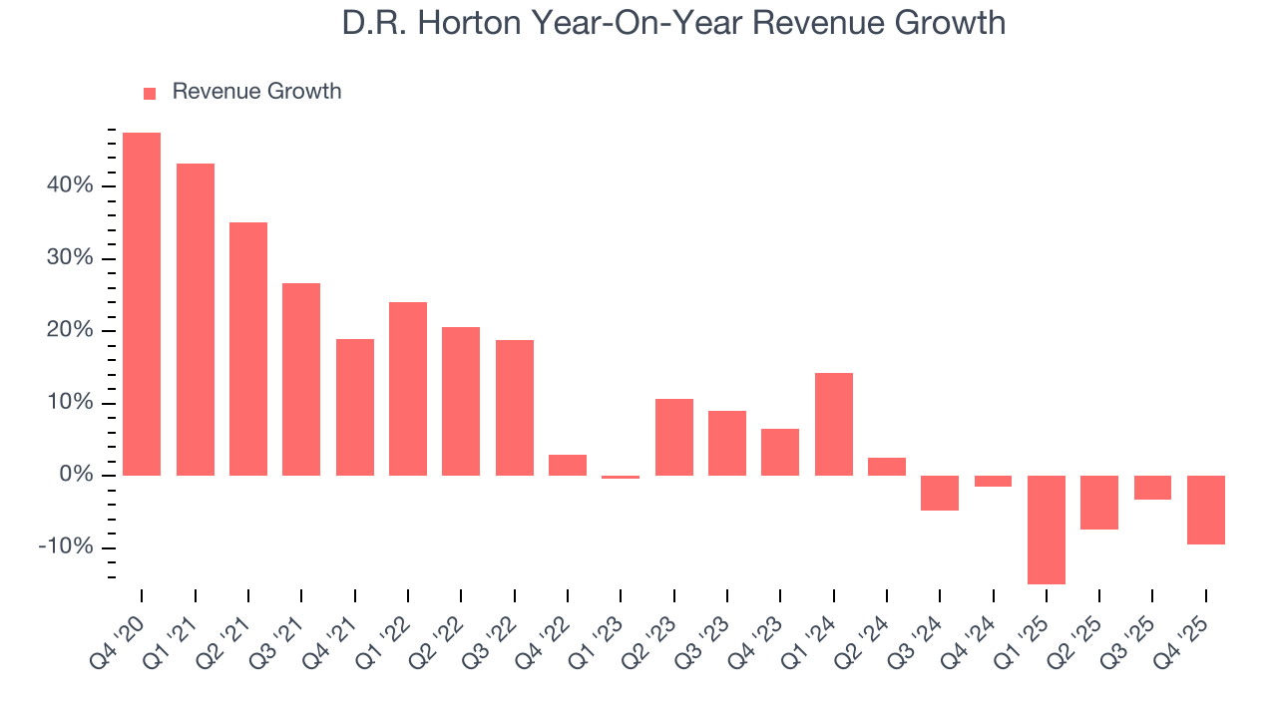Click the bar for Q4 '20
point(142,304)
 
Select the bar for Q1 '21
point(196,319)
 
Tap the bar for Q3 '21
point(301,379)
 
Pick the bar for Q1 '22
point(408,389)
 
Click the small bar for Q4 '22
point(568,465)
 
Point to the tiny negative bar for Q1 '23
point(621,477)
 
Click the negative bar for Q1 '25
point(1047,530)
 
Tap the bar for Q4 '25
point(1206,510)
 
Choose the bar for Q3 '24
point(940,493)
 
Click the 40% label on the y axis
point(68,186)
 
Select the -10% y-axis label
point(65,547)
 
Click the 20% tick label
point(68,331)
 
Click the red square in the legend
point(150,93)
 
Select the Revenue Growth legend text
point(256,92)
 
